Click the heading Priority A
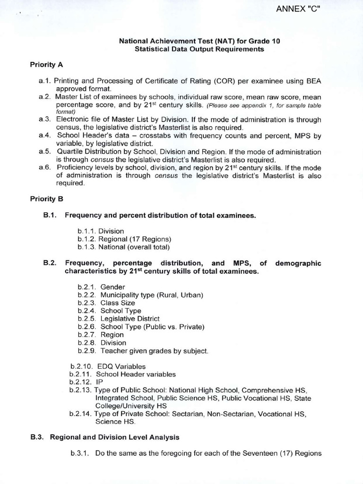pos(47,64)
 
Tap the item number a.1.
pos(45,81)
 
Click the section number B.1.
pos(50,215)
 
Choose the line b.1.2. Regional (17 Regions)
pos(124,239)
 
